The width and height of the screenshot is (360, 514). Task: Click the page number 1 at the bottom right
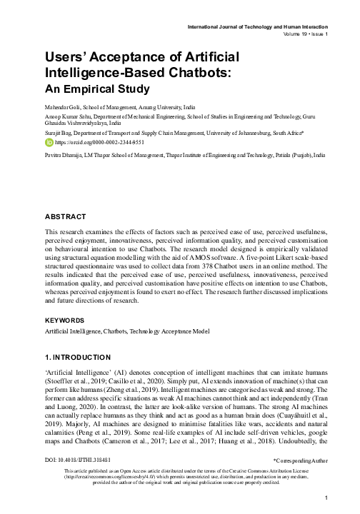[x=324, y=497]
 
